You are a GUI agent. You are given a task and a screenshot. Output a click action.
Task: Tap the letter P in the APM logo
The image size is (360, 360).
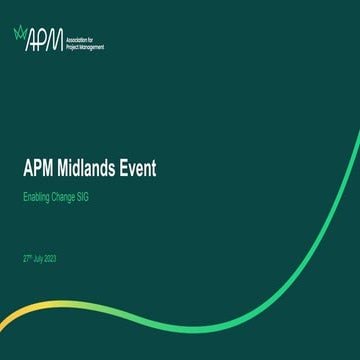point(41,39)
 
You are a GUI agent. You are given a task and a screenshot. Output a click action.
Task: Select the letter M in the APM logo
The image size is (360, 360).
point(54,39)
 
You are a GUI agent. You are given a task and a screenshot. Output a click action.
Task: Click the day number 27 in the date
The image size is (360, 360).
point(26,258)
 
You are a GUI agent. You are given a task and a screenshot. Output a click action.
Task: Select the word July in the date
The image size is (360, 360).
point(41,258)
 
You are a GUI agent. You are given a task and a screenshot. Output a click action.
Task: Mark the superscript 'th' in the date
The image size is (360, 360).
point(32,256)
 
